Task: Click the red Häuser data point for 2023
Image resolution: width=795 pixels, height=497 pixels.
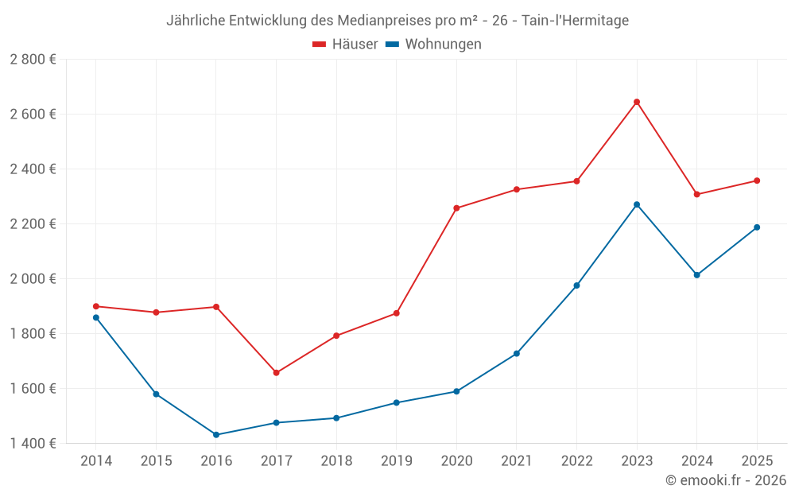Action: pos(637,102)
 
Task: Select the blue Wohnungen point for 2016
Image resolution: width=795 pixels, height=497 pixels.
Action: pos(216,435)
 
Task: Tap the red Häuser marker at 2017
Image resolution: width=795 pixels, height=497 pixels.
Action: pos(276,373)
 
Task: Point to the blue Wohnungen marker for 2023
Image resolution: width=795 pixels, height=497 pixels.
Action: pos(637,204)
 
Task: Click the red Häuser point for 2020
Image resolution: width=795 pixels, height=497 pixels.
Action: pos(456,208)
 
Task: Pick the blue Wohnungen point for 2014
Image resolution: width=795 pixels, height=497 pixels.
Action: pos(96,317)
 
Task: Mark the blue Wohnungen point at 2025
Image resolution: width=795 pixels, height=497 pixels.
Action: pos(757,227)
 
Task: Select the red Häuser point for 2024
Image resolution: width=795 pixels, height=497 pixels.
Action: pos(696,194)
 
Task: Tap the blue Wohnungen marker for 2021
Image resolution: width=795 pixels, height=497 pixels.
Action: pos(517,354)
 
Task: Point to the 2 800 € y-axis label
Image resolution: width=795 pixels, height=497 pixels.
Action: pos(33,60)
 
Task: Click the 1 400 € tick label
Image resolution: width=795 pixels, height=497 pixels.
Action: pos(33,444)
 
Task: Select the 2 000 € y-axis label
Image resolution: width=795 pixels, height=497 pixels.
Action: pos(33,279)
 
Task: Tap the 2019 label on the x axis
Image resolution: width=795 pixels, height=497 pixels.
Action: pos(396,461)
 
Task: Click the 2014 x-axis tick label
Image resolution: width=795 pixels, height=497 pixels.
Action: pos(96,461)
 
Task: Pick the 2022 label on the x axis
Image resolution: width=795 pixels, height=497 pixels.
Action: pos(576,461)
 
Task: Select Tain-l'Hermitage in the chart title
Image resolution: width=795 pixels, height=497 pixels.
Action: pos(575,21)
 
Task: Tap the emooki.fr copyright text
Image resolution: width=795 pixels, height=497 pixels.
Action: pos(725,480)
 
